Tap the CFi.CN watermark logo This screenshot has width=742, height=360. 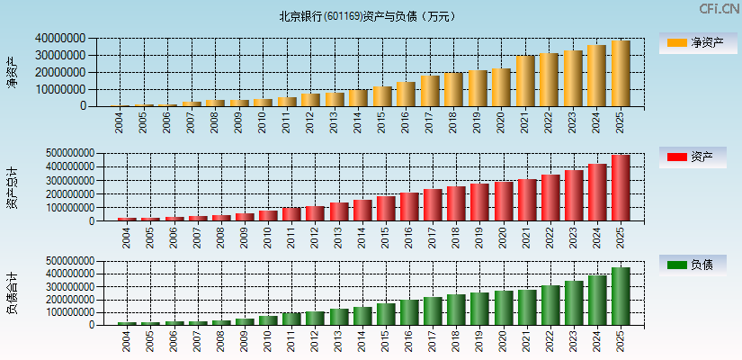point(719,9)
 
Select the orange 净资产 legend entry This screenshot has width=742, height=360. point(696,43)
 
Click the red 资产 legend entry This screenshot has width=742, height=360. point(696,157)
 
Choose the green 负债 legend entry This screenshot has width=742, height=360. point(696,265)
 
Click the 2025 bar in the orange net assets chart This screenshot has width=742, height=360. point(621,74)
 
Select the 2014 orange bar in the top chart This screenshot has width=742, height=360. point(358,97)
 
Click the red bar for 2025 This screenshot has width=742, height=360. point(621,188)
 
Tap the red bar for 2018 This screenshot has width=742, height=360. point(456,203)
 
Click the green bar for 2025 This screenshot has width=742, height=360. point(621,296)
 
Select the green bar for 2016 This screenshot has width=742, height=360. point(409,312)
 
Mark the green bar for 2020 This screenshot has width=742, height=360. point(503,308)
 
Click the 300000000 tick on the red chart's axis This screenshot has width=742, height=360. point(65,180)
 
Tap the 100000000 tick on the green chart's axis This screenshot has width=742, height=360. point(65,312)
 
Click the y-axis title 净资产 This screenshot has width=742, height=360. point(12,72)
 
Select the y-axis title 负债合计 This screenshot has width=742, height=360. point(12,292)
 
